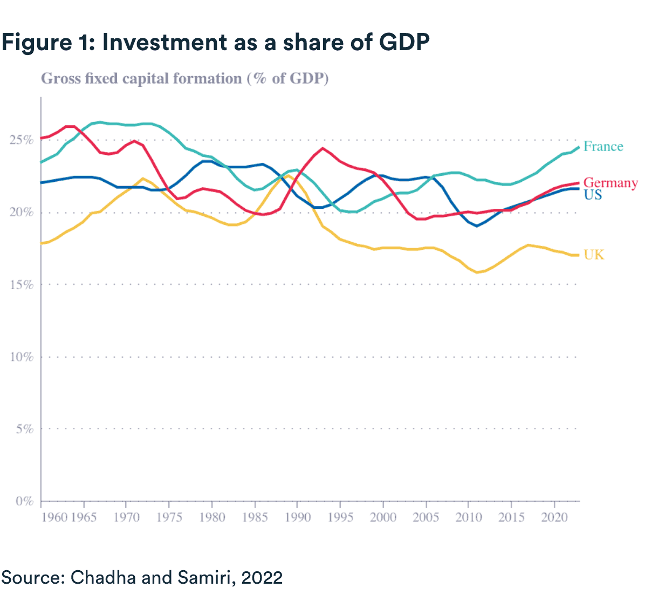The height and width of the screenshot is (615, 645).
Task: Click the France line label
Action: point(603,147)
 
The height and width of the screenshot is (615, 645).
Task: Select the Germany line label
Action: point(610,183)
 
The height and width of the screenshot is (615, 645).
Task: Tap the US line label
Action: point(593,195)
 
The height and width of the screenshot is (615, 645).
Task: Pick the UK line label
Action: point(594,255)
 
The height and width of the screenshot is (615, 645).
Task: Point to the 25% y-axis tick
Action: point(22,140)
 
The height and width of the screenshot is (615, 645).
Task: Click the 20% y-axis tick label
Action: point(22,213)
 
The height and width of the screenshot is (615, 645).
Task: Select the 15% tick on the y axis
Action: point(22,285)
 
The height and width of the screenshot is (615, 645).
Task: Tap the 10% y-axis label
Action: point(22,357)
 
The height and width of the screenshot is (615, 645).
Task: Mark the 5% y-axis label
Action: point(24,429)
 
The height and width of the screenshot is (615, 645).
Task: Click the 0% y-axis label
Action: point(24,501)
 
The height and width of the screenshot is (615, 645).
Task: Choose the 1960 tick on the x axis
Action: point(54,517)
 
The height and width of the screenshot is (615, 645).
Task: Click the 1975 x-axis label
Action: point(169,517)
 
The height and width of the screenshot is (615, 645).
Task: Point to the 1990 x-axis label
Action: point(298,517)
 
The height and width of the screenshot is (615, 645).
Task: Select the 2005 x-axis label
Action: point(426,517)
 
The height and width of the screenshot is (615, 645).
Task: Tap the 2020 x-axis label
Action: point(554,517)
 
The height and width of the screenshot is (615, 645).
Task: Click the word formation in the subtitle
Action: point(209,79)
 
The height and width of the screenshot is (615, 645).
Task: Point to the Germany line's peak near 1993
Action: point(322,148)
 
